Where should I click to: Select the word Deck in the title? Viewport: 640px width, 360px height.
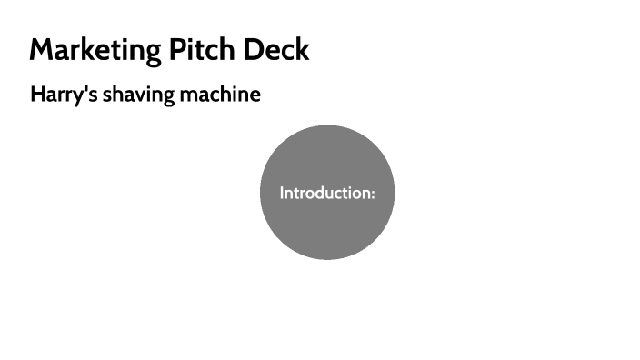pos(276,50)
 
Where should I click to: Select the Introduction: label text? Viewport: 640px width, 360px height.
pos(327,193)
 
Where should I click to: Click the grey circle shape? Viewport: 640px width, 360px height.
pos(327,227)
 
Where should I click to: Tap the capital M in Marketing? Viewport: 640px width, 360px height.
pos(42,50)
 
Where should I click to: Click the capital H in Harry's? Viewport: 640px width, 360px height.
pos(37,95)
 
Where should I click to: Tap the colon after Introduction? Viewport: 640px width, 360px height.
pos(373,195)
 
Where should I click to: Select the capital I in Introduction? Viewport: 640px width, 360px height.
pos(282,193)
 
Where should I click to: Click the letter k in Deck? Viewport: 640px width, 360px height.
pos(303,50)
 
